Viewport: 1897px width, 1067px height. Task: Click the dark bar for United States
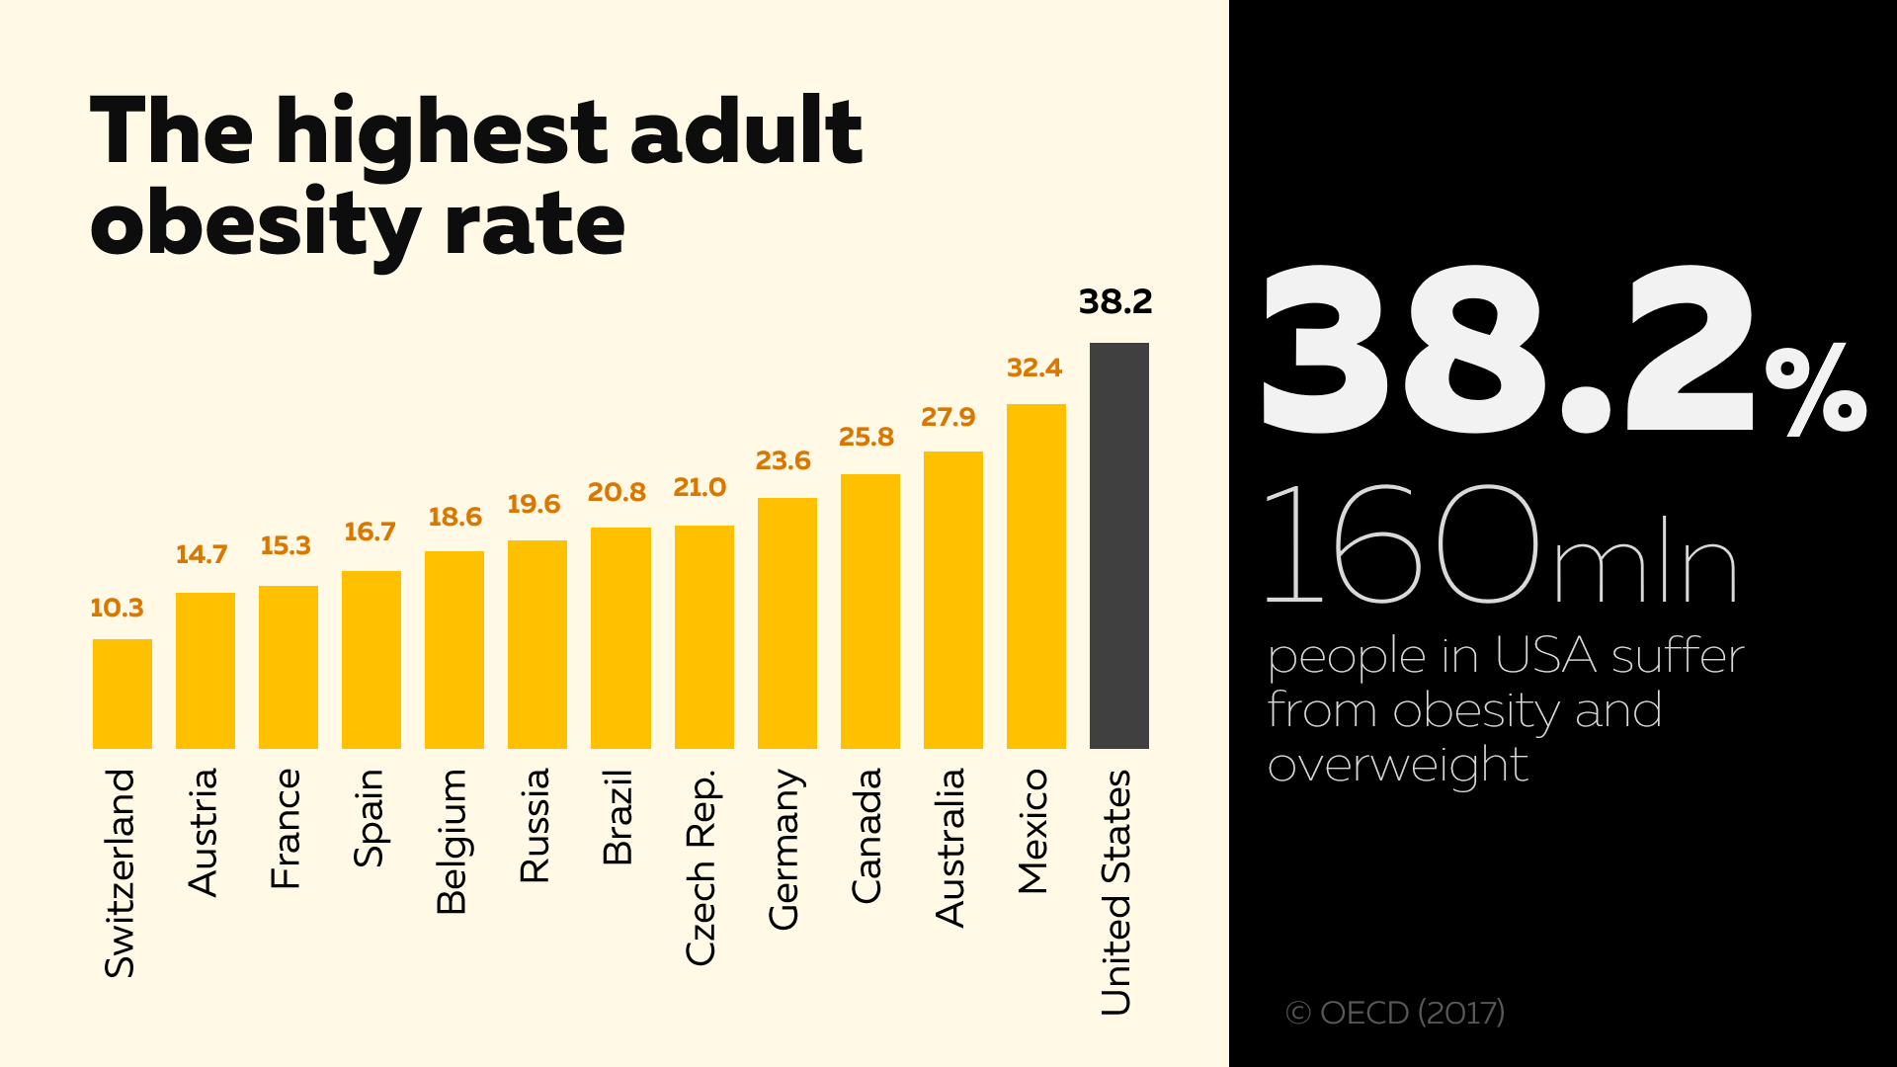tap(1118, 545)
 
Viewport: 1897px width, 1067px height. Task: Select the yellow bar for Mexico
tap(1035, 576)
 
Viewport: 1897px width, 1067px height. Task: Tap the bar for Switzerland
tap(123, 694)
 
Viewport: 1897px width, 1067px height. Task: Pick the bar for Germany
tap(786, 622)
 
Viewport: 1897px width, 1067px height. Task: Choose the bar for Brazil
tap(620, 637)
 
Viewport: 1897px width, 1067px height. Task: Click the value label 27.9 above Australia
tap(948, 417)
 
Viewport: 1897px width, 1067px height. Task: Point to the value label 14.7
tap(202, 554)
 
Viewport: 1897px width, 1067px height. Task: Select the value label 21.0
tap(700, 487)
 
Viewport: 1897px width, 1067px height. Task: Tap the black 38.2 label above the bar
tap(1115, 301)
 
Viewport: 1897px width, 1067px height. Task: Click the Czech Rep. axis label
tap(701, 866)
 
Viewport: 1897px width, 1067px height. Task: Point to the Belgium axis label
tap(452, 841)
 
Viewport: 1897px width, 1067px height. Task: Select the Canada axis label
tap(866, 835)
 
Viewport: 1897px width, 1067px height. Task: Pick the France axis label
tap(286, 828)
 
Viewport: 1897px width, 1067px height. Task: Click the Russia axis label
tap(535, 825)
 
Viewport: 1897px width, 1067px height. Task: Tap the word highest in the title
tap(442, 133)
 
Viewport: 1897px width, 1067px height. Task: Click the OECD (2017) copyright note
tap(1395, 1013)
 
